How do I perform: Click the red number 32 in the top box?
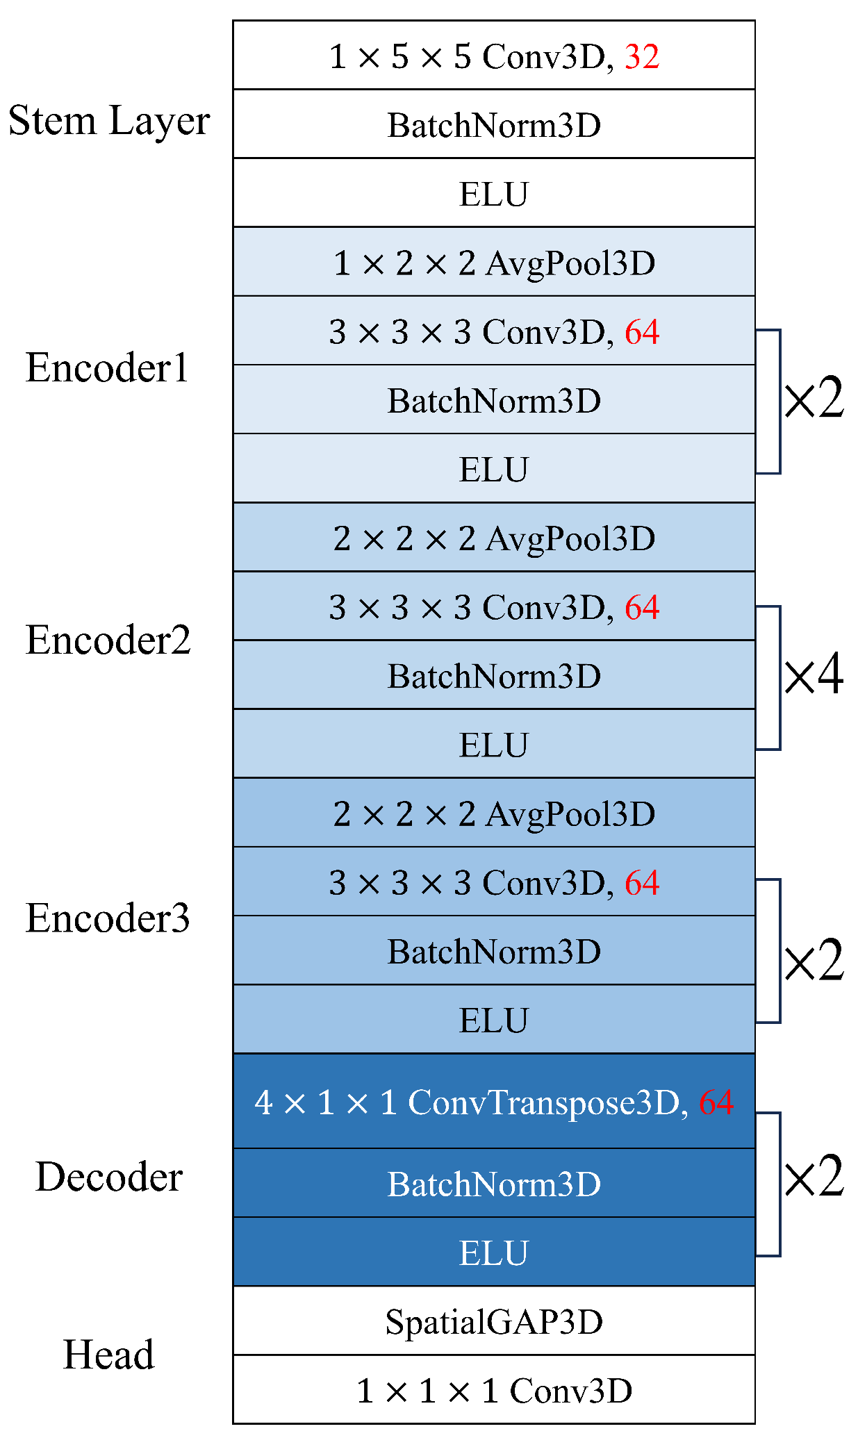pos(641,56)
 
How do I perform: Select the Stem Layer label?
pos(109,121)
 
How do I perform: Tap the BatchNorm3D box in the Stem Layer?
pos(494,125)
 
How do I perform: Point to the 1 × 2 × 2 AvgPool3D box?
pos(494,263)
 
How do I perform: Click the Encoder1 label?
pos(108,367)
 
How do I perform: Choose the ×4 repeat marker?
pos(814,674)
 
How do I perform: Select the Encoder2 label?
pos(108,640)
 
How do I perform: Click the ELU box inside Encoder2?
pos(494,745)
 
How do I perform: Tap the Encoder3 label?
pos(108,918)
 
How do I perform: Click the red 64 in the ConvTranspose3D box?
pos(716,1102)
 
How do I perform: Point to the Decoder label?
pos(109,1177)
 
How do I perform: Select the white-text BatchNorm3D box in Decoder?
pos(494,1184)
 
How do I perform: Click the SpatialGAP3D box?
pos(494,1321)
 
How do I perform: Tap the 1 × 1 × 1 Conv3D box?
pos(494,1390)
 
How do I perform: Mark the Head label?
pos(109,1355)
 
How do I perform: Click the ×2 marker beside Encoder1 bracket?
pos(814,398)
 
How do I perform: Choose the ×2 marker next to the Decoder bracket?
pos(814,1177)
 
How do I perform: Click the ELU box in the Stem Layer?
pos(494,194)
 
